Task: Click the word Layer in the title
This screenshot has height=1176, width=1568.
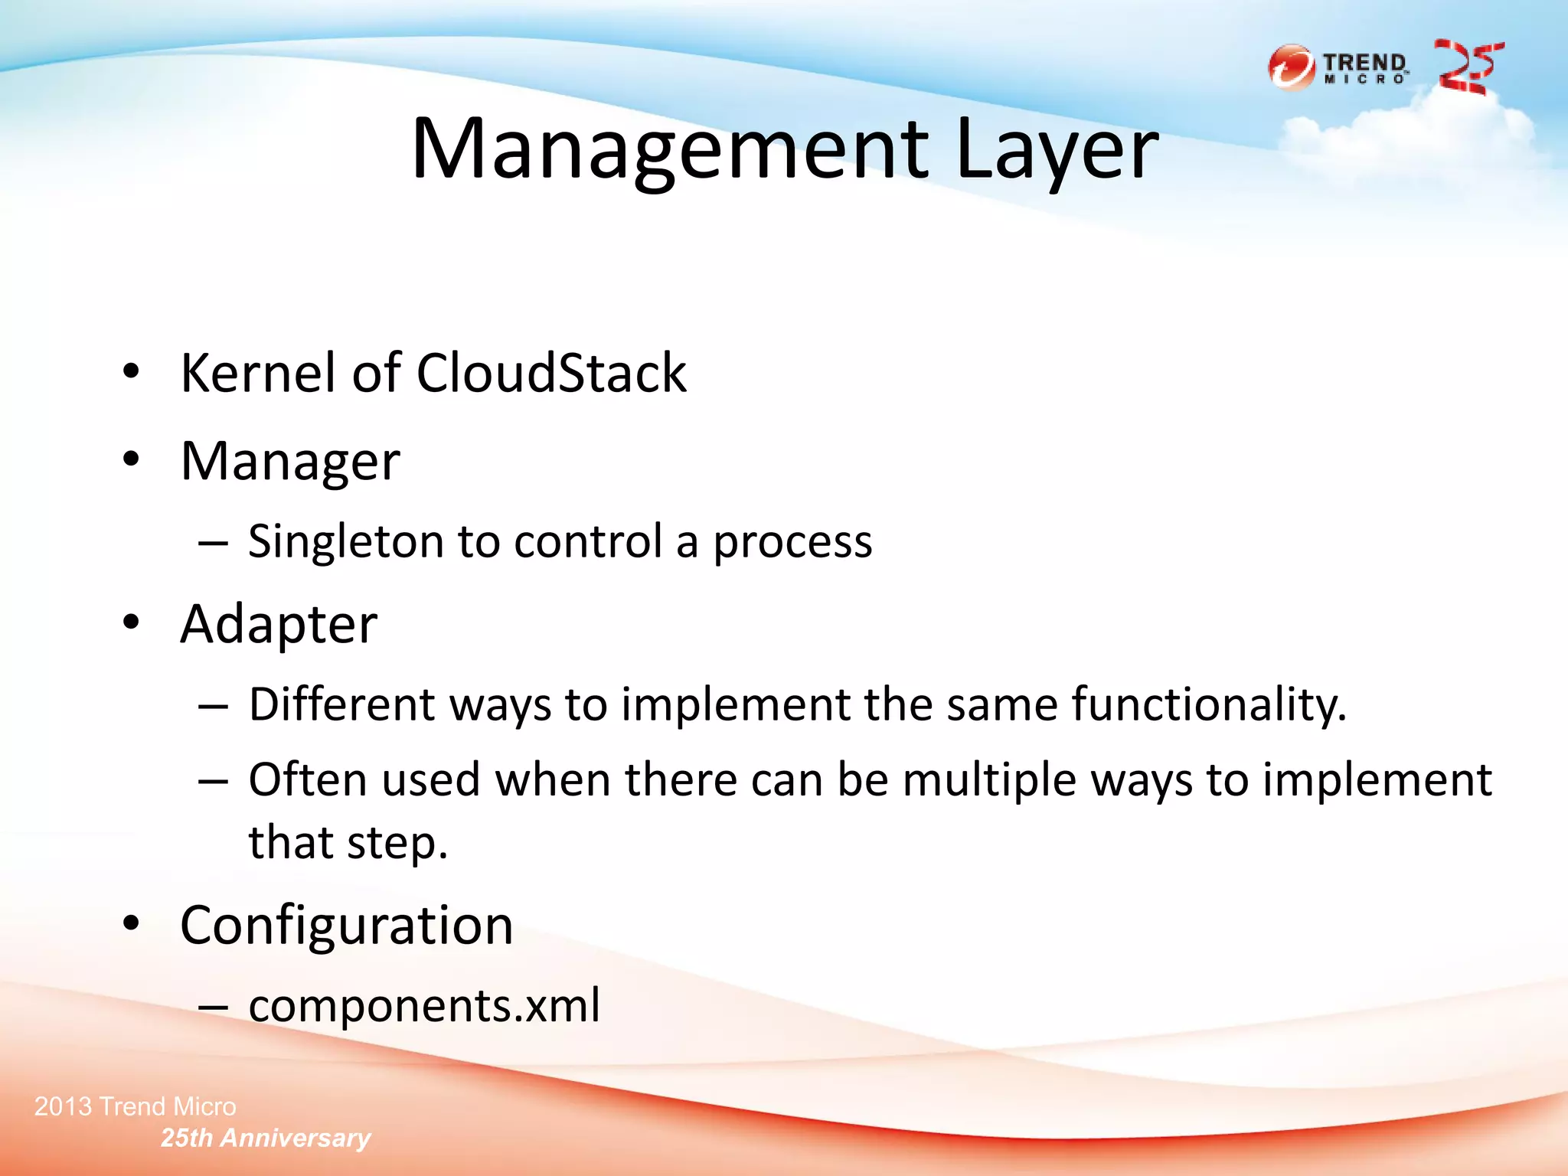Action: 1057,149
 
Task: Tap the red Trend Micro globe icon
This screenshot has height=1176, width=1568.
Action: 1292,67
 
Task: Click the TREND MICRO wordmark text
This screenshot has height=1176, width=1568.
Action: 1365,67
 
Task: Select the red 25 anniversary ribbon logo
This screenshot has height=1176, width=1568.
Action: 1468,67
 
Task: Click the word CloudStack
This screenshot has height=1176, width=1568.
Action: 551,373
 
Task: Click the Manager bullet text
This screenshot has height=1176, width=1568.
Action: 290,462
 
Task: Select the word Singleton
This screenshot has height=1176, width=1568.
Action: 346,542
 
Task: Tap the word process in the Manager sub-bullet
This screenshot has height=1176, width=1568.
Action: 792,542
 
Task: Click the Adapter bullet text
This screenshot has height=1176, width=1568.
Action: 279,625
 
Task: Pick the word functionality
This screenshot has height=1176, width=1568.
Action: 1208,704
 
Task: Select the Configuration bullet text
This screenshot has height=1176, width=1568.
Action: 346,926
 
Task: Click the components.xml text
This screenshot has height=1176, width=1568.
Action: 424,1005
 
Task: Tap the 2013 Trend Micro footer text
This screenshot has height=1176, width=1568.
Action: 136,1106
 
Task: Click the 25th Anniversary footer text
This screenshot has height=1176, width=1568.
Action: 266,1138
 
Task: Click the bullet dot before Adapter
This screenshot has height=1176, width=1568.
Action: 132,622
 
